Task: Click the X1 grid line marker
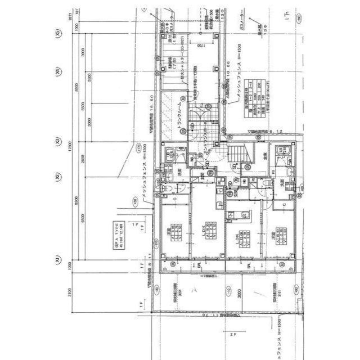coord(57,260)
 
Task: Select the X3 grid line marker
coord(57,142)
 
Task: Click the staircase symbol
coord(236,154)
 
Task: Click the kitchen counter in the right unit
coord(238,214)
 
